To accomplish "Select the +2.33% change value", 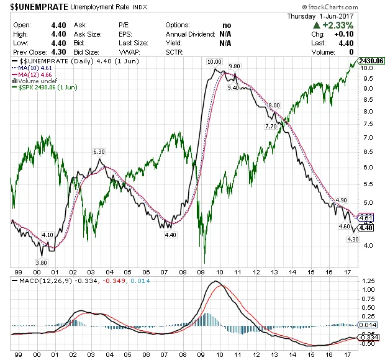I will [341, 25].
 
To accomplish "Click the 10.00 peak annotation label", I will [214, 62].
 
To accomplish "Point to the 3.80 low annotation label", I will [42, 263].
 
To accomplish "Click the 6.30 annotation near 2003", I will [99, 152].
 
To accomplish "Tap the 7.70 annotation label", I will [271, 126].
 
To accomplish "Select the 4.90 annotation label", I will [340, 200].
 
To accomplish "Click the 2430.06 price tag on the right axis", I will [373, 61].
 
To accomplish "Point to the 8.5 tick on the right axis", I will [368, 100].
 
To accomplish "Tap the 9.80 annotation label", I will [234, 66].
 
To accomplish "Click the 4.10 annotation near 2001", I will [47, 235].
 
